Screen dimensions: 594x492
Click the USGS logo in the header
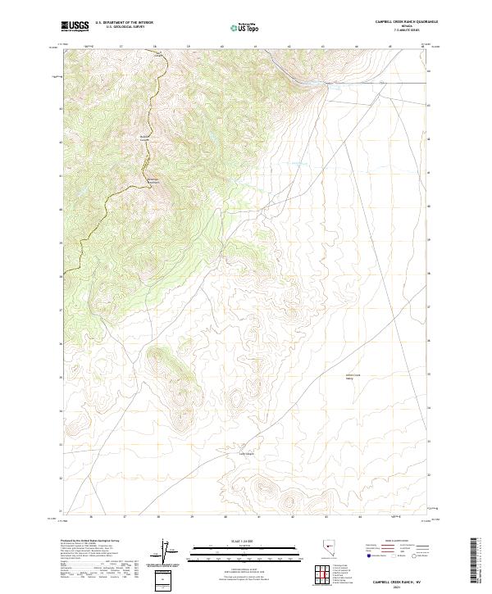click(75, 27)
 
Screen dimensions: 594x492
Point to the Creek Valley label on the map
click(352, 377)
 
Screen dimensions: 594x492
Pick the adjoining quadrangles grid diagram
click(324, 574)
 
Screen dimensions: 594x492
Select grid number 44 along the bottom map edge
click(359, 517)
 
